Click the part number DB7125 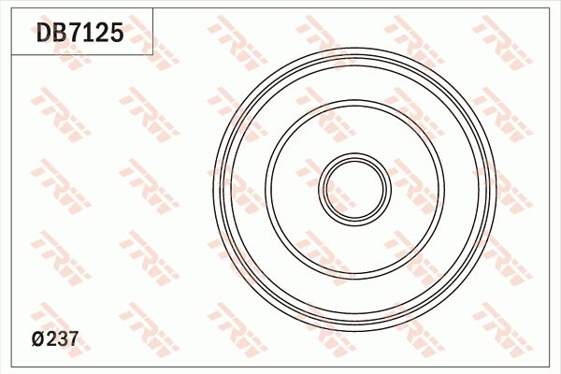pos(79,35)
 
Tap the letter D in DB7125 pos(44,35)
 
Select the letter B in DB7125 pos(59,35)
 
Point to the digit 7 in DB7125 pos(75,35)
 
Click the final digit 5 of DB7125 pos(116,35)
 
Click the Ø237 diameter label pos(54,340)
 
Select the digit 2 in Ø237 pos(50,340)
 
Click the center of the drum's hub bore pos(355,187)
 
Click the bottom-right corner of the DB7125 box pos(153,54)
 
